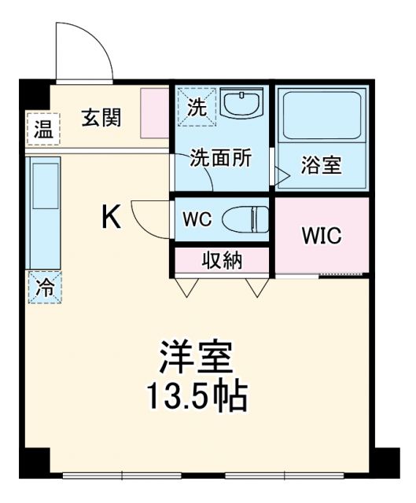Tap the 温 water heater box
[x=43, y=130]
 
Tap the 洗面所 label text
[x=220, y=157]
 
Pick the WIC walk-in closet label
[x=322, y=236]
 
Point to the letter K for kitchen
[x=111, y=217]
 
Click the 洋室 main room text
[x=196, y=360]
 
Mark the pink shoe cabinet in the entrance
[x=154, y=116]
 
